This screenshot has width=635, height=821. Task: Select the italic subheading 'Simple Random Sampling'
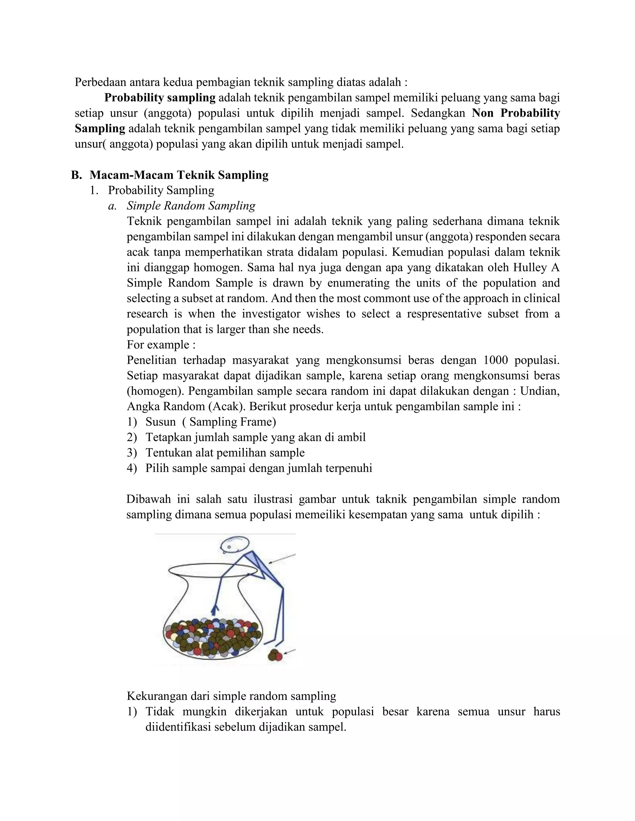tap(191, 206)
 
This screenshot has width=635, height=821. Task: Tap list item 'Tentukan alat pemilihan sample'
tap(225, 453)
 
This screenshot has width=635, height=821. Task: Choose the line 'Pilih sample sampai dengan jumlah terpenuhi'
tap(259, 468)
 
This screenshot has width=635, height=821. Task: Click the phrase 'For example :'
tap(161, 345)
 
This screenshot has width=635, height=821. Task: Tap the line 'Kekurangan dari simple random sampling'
tap(231, 696)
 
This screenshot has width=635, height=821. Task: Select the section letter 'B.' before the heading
tap(76, 175)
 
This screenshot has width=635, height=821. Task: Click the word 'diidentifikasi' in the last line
tap(178, 727)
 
